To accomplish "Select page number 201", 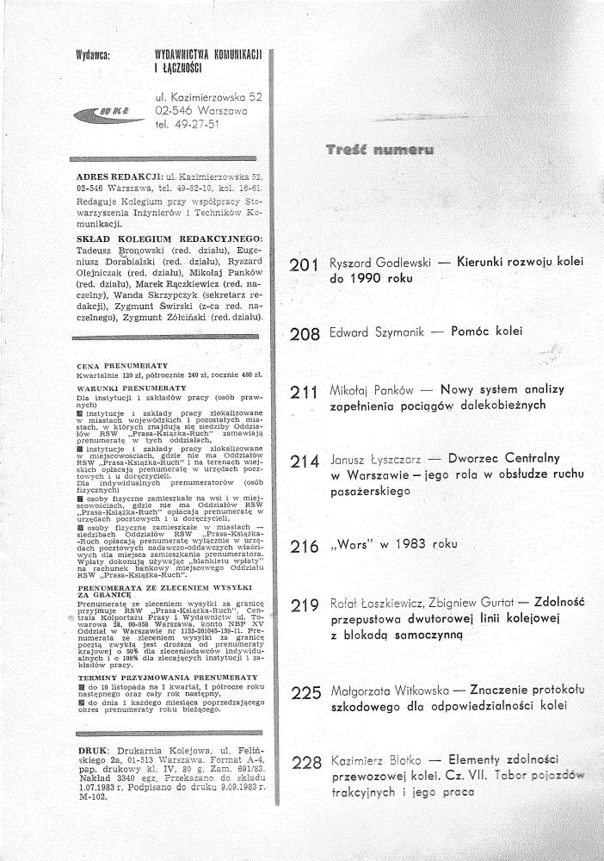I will pyautogui.click(x=306, y=267).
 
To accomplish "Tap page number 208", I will pyautogui.click(x=306, y=332).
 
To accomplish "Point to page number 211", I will pyautogui.click(x=306, y=393).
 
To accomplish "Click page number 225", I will pyautogui.click(x=306, y=692).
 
